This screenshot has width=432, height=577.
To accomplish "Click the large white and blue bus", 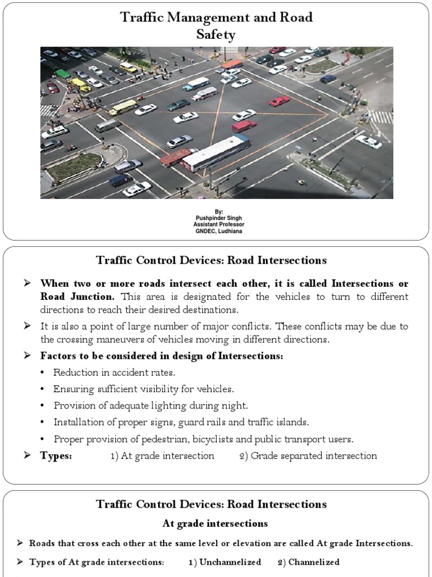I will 216,153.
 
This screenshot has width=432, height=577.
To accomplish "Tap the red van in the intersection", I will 244,126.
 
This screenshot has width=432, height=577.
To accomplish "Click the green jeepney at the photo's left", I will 62,74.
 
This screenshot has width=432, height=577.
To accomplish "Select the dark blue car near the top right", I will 328,79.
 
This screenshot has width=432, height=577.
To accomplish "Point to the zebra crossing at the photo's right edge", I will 382,117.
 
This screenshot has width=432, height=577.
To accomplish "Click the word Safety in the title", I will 216,35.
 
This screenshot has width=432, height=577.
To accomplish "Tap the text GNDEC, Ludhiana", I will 216,230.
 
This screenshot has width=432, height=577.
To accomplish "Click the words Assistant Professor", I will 216,224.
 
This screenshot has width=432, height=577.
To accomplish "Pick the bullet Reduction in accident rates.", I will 114,372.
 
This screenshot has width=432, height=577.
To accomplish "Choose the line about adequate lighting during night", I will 150,406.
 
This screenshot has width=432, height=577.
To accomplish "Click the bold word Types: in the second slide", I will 56,456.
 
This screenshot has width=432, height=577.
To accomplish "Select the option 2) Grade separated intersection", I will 308,456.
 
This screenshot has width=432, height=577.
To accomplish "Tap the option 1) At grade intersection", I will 162,456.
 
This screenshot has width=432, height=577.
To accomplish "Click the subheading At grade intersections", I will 215,523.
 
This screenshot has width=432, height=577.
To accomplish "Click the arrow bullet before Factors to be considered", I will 26,356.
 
